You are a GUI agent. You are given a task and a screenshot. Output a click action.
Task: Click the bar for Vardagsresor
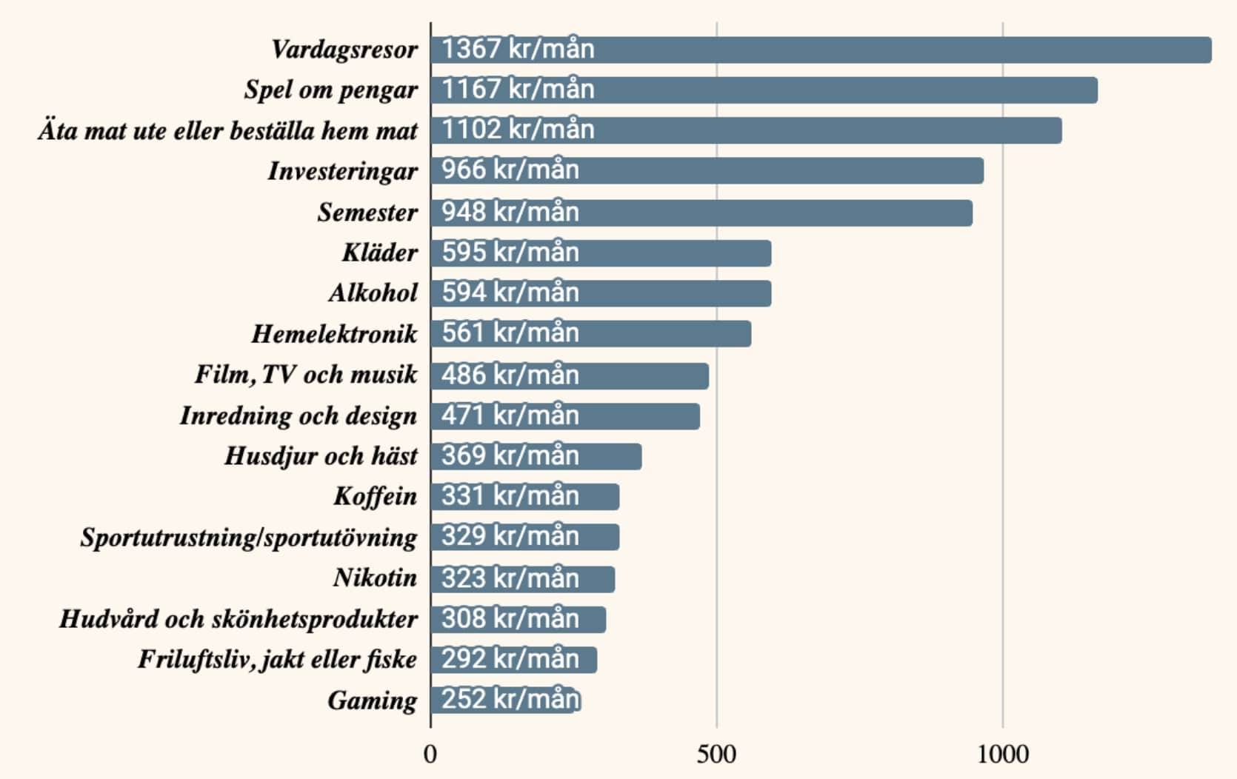coord(821,50)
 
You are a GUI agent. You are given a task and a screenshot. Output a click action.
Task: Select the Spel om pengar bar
coord(764,90)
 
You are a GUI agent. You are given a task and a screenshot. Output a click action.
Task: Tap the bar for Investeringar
coord(707,170)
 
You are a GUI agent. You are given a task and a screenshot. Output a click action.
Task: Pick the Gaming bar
coord(505,700)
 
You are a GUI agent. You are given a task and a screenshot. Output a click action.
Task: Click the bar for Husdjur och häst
coord(536,456)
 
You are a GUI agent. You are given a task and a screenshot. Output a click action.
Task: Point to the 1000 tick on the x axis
coord(1002,754)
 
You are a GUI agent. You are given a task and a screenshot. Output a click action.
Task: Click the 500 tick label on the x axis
coord(716,754)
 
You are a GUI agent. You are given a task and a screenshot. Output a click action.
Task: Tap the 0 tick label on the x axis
coord(430,754)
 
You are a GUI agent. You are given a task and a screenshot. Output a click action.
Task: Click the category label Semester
coord(367,213)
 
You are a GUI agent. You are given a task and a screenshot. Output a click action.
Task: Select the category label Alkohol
coord(373,293)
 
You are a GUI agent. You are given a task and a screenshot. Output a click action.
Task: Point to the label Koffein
coord(375,496)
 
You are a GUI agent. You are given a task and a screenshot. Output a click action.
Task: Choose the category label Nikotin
coord(375,578)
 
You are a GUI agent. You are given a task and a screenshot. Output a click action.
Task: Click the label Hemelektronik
coord(334,334)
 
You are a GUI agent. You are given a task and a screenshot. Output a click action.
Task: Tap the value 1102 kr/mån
coord(518,130)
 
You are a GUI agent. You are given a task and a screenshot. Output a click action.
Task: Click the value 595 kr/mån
coord(510,253)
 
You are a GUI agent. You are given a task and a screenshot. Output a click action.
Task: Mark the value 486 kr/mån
coord(510,375)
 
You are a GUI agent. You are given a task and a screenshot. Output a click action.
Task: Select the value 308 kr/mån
coord(510,618)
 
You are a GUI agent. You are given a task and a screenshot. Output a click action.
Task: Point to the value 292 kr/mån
coord(510,659)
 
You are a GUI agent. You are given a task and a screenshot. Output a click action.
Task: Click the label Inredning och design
coord(299,415)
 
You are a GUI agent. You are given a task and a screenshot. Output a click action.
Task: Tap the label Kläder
coord(379,253)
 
